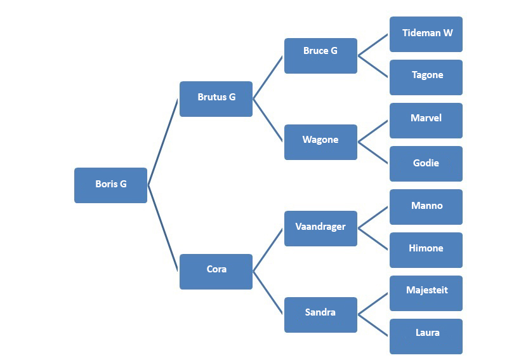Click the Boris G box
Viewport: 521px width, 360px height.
(110, 185)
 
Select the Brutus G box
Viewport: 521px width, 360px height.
(216, 98)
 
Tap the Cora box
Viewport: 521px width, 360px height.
(216, 272)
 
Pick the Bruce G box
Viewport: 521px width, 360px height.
(320, 56)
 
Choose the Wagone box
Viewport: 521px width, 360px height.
(320, 142)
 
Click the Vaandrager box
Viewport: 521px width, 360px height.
(320, 229)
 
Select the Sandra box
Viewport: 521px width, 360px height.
(320, 315)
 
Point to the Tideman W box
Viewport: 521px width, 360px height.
(426, 34)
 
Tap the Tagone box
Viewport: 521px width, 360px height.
(426, 77)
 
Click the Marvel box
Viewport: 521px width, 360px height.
(426, 121)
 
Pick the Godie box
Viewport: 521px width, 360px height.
(426, 164)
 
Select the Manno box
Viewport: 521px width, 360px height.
(426, 207)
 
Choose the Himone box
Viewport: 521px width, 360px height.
(426, 250)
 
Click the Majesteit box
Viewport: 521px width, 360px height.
(426, 293)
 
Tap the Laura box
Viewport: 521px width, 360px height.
(426, 337)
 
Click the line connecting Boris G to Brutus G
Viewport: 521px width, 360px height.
(163, 142)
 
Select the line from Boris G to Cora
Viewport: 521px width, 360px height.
(163, 229)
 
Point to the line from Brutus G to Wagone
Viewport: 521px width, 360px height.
(268, 121)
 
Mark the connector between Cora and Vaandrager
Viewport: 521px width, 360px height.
(268, 250)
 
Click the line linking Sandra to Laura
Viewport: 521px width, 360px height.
(373, 326)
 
